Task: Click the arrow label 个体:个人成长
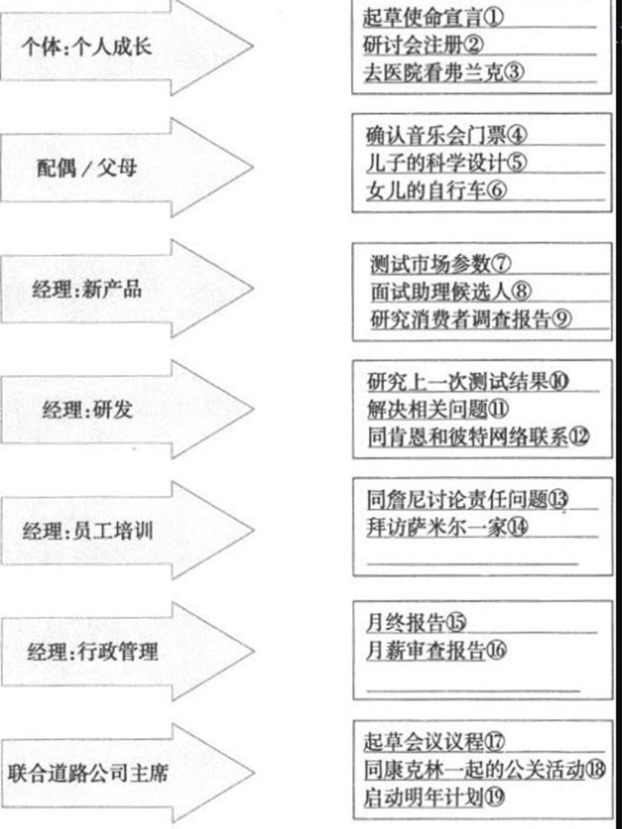87,46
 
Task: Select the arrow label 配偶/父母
87,168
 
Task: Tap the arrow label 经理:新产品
87,289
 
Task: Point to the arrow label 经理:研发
87,409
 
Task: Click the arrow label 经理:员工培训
87,531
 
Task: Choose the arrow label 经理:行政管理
92,651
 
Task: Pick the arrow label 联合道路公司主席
88,773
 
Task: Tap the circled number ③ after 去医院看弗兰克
514,72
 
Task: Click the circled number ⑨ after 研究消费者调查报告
561,319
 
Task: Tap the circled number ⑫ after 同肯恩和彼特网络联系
579,436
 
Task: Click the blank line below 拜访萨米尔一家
473,564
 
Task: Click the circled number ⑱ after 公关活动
596,769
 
